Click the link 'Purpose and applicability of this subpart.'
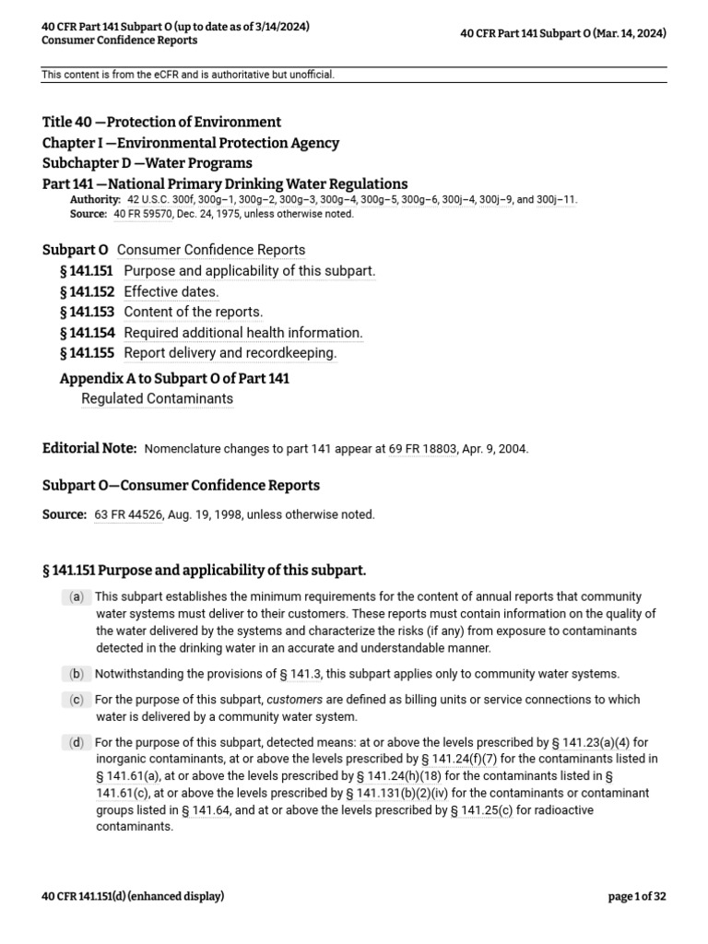tap(249, 271)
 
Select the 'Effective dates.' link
tap(171, 291)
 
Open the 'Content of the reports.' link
tap(193, 312)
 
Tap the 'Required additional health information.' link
tap(243, 333)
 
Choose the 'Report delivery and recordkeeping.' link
tap(230, 353)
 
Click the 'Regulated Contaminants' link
tap(157, 398)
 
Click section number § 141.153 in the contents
tap(87, 312)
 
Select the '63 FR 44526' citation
tap(128, 514)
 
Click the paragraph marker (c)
tap(77, 700)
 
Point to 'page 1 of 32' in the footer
tap(637, 896)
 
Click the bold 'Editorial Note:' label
tap(89, 448)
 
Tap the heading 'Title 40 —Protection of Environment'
tap(161, 122)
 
